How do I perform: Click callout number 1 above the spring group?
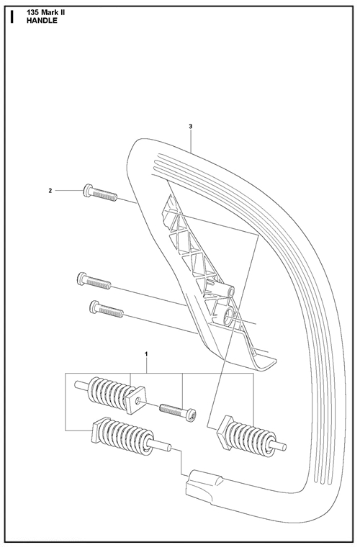(x=147, y=354)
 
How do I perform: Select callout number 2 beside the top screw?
(x=50, y=191)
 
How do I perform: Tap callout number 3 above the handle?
(x=190, y=126)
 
